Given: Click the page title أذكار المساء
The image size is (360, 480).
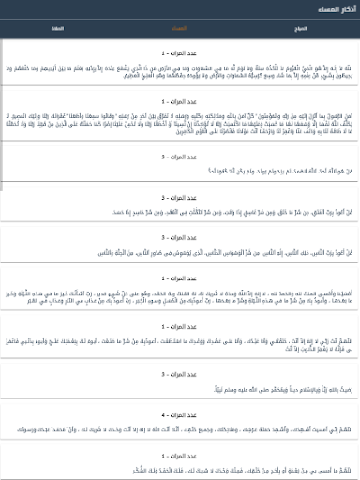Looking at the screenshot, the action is pos(328,8).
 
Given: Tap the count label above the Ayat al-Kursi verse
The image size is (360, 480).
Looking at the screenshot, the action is pos(179,53).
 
